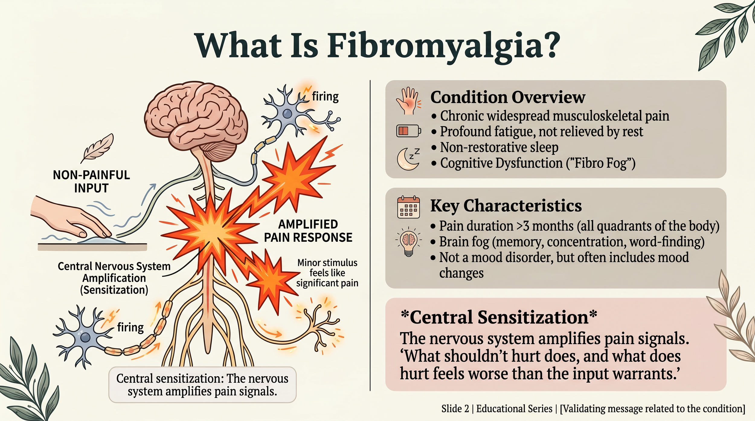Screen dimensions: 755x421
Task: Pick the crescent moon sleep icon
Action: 408,159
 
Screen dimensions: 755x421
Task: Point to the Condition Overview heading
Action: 508,97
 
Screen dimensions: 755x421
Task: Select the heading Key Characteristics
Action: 506,206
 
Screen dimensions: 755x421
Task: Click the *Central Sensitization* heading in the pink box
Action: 499,317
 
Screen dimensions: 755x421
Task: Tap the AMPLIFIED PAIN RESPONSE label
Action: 308,231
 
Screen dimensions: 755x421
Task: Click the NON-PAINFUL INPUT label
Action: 91,181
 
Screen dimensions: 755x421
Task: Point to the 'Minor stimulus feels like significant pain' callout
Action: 327,273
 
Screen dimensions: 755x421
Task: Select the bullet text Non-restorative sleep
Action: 499,147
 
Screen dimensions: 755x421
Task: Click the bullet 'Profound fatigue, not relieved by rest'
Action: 541,132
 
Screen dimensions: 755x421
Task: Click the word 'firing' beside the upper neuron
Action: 325,97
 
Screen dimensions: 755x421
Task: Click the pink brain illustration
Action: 196,115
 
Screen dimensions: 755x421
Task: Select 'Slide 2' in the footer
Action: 455,409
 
